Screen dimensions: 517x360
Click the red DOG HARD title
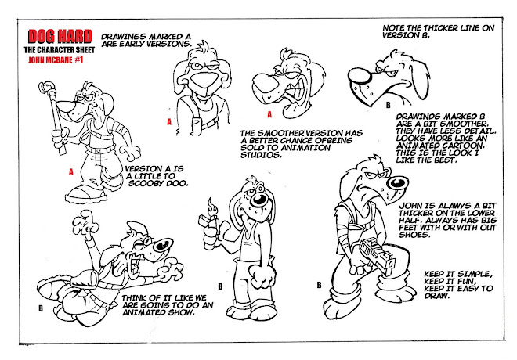[60, 36]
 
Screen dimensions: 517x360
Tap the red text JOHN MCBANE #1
[56, 60]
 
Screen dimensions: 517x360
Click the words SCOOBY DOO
[158, 183]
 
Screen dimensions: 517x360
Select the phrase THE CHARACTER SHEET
[60, 50]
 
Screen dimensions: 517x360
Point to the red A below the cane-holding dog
[70, 172]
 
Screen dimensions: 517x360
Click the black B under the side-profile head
[388, 105]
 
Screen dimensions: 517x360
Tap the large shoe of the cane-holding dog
[86, 194]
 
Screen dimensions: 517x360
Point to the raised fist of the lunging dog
[85, 222]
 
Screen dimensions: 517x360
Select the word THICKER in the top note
[441, 28]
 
